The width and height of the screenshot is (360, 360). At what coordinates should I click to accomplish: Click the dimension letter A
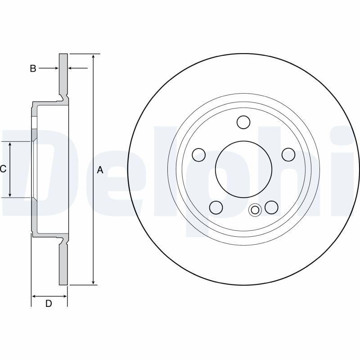coord(100,170)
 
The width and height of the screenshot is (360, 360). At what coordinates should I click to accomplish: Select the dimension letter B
coord(33,68)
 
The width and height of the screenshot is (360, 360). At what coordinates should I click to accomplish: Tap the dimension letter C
coord(3,169)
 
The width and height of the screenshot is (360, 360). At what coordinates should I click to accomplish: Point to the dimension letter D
coord(49,304)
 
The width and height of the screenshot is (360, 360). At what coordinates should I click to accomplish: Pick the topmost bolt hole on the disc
coord(243,122)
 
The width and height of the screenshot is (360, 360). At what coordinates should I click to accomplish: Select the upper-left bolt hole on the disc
coord(198,155)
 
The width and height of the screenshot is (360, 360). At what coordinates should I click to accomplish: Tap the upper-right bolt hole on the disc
coord(288,155)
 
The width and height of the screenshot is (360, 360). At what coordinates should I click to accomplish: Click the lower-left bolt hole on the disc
coord(216,207)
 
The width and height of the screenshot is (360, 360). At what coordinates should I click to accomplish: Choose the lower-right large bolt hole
coord(271,207)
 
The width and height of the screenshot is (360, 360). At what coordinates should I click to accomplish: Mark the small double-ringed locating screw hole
coord(255,210)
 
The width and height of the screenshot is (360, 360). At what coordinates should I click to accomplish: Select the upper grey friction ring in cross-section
coord(63,74)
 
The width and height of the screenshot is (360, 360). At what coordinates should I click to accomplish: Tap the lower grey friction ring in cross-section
coord(63,265)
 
